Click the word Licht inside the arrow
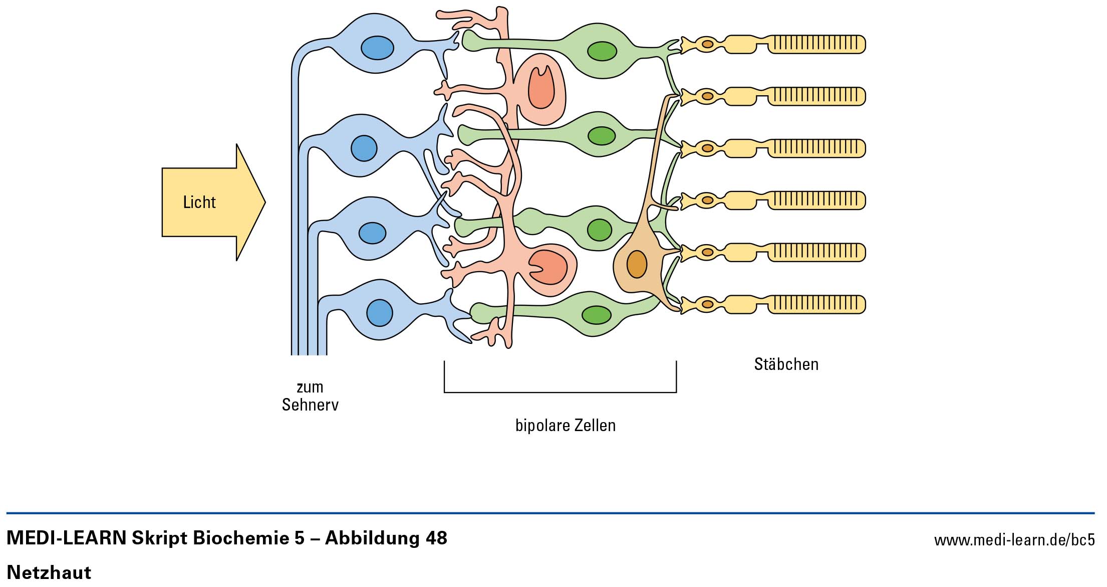[199, 202]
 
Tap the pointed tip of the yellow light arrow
[263, 203]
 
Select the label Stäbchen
[786, 364]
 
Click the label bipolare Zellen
[565, 426]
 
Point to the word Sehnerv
[310, 405]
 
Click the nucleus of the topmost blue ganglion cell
[377, 48]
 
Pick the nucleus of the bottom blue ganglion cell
[380, 312]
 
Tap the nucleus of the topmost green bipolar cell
[602, 51]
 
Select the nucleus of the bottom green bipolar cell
[596, 315]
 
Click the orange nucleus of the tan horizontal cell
[637, 264]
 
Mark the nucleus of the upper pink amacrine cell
[541, 88]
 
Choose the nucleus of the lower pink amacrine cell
[548, 267]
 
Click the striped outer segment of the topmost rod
[816, 44]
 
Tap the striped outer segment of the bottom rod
[816, 304]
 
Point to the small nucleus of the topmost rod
[707, 44]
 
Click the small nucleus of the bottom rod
[707, 304]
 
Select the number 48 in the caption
[436, 538]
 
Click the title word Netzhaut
[49, 572]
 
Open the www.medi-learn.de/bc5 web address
[1014, 540]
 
